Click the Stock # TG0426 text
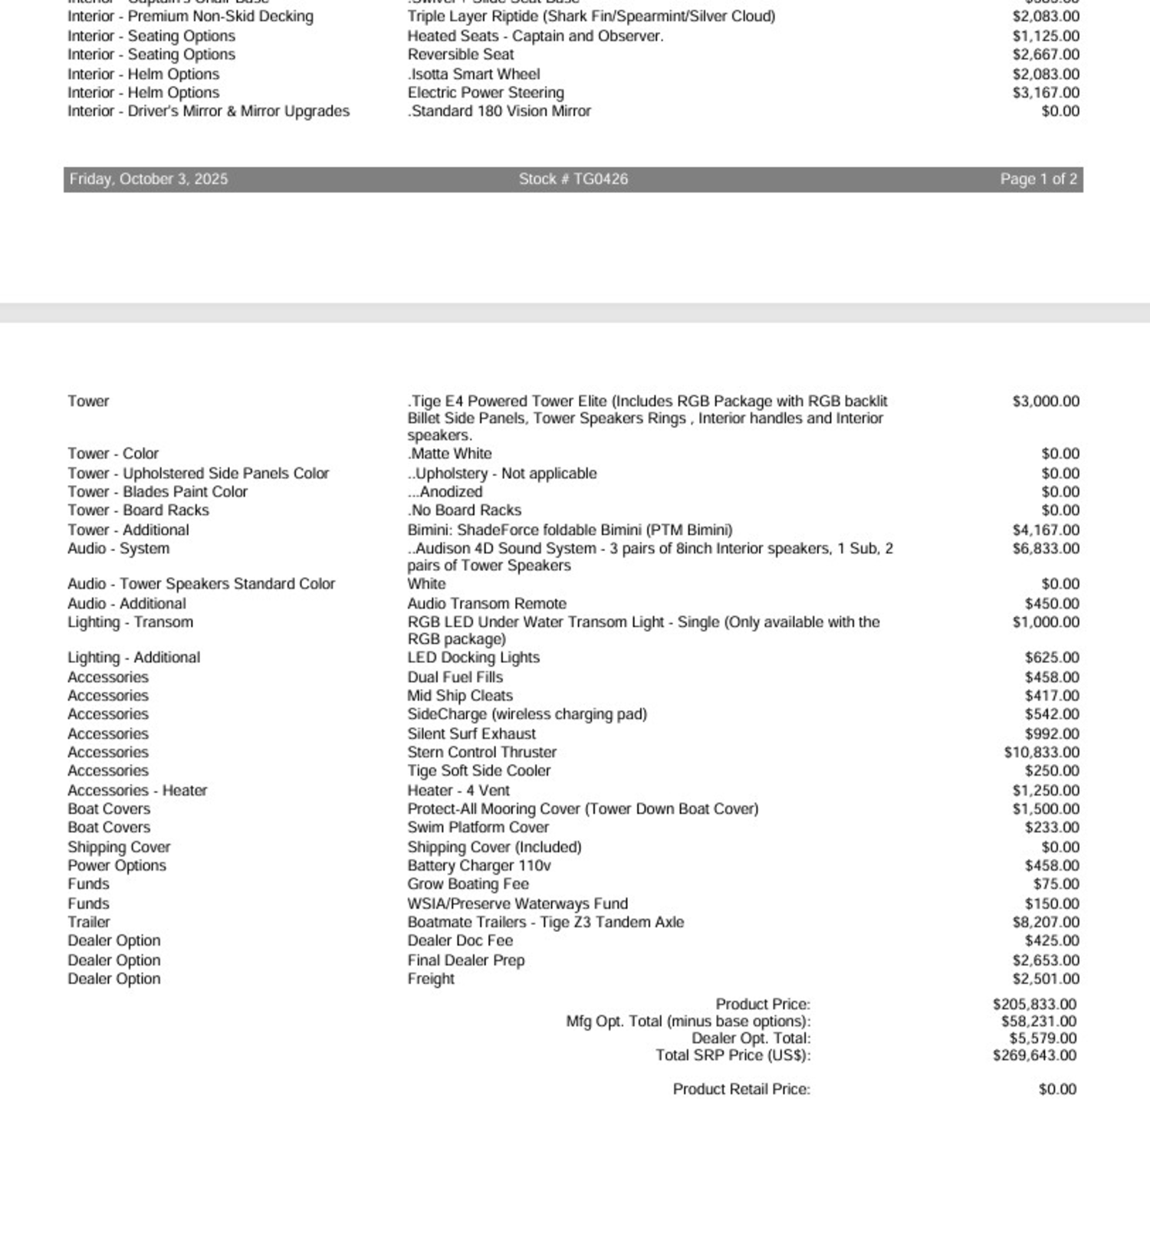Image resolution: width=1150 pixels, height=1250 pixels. click(573, 179)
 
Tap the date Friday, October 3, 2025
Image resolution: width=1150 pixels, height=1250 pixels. click(148, 179)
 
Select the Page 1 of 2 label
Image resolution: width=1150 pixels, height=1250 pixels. click(1038, 179)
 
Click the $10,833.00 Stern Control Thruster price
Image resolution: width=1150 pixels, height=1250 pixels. click(1041, 753)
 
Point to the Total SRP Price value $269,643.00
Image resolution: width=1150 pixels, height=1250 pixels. click(1034, 1055)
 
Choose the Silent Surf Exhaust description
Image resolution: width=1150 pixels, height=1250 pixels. click(472, 734)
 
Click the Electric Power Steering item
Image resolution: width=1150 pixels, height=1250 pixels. click(485, 93)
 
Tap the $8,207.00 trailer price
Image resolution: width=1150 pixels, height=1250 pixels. click(1046, 922)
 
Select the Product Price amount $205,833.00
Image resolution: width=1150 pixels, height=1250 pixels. click(1034, 1004)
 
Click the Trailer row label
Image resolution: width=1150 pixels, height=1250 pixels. click(89, 922)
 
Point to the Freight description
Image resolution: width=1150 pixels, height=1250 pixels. click(431, 979)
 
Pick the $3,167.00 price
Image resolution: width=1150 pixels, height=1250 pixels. click(1046, 93)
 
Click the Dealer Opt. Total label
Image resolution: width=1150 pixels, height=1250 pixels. click(751, 1038)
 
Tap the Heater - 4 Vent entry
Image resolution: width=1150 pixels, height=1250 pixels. click(458, 790)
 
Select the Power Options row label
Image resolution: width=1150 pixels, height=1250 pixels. click(117, 865)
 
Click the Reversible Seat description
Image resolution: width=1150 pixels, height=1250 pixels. click(461, 54)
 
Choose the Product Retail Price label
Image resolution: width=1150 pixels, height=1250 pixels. click(741, 1089)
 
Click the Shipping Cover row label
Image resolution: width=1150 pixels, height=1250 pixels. click(119, 847)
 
